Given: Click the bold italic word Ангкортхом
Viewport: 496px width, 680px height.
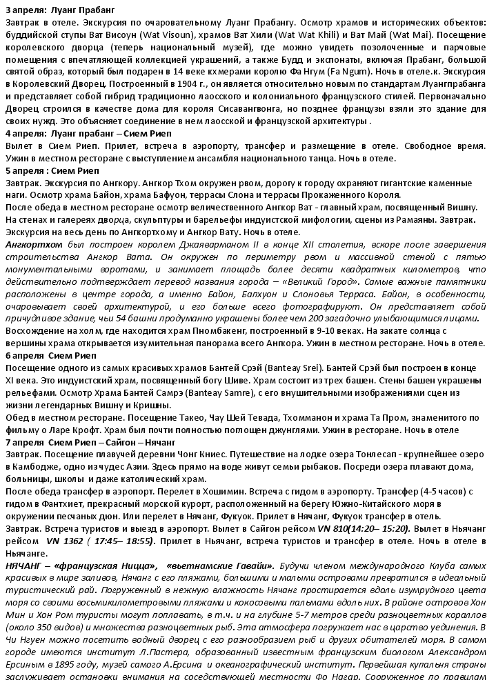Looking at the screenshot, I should click(34, 245).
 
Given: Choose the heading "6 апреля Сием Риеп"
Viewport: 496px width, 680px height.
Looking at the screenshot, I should click(51, 355).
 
